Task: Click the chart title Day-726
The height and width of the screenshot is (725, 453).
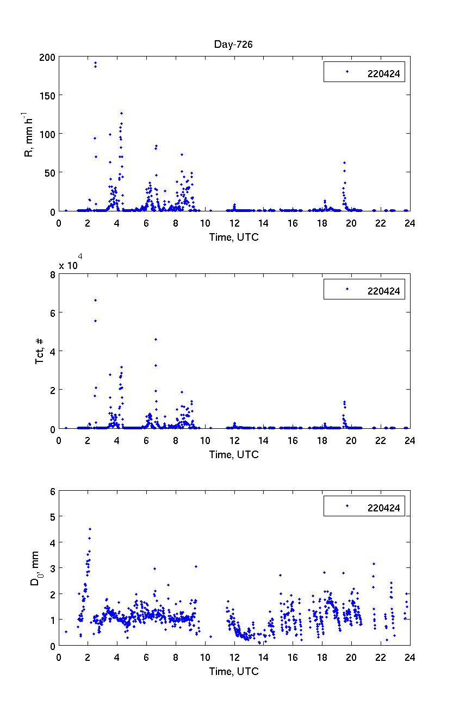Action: [233, 45]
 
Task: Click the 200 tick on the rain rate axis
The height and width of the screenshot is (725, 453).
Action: [48, 56]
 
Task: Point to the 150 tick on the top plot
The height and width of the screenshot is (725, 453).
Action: [48, 95]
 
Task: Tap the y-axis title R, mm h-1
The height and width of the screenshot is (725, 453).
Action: [28, 134]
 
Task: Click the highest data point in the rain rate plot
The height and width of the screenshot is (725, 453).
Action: [95, 62]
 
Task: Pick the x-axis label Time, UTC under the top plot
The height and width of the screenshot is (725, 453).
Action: [234, 237]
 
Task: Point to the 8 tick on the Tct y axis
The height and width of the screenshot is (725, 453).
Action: [52, 274]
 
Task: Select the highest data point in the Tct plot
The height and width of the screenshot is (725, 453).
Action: [95, 300]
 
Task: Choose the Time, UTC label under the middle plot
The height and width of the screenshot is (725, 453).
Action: [234, 454]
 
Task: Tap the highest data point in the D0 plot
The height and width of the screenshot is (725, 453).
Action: [90, 529]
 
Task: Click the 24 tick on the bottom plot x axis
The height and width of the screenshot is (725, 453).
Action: [410, 657]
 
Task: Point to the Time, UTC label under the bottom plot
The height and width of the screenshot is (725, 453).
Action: [234, 672]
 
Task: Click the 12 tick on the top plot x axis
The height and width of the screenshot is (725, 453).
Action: [234, 222]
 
